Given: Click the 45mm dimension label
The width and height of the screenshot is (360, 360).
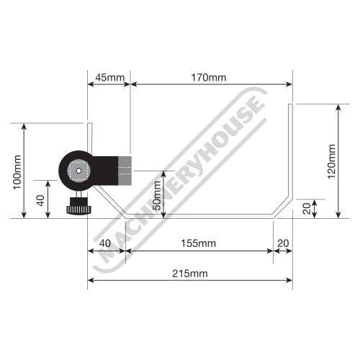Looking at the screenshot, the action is coord(110,78).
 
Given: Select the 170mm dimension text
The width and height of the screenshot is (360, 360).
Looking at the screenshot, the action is coord(208,78).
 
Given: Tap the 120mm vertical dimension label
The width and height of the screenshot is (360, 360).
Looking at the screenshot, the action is coord(331,161).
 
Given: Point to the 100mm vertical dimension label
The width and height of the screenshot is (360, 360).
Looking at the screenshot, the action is coord(17,172).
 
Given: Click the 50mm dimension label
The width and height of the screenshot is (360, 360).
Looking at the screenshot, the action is coord(157,196).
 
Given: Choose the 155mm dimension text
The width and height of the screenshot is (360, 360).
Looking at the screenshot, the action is coord(198,243).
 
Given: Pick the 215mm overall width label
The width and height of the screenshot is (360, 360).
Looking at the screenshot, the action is coord(190,274).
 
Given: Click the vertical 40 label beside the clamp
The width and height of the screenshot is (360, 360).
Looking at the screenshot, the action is coord(40,200).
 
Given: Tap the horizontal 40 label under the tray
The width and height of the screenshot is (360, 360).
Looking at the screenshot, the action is coord(105,243).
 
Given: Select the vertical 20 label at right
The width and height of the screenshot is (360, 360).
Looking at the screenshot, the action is coord(307,208).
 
